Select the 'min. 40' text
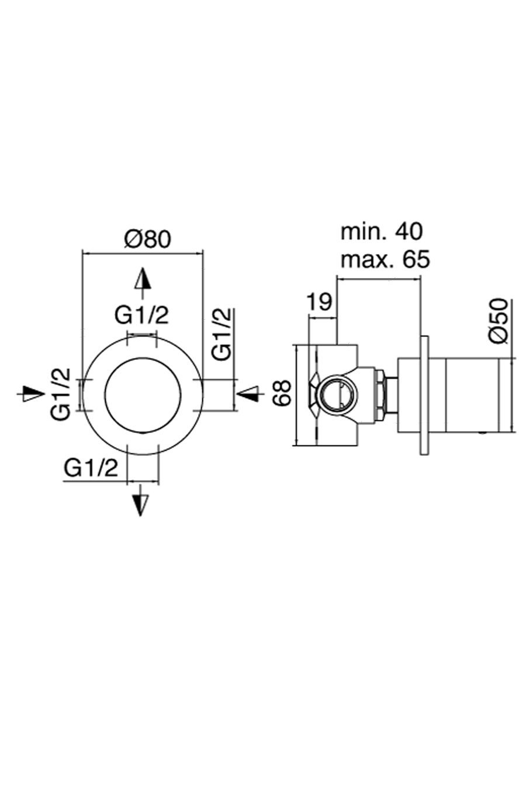point(381,231)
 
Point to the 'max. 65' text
point(385,259)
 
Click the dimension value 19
point(319,302)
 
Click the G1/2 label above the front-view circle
point(141,316)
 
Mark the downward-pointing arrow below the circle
point(140,503)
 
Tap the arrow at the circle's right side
point(246,395)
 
